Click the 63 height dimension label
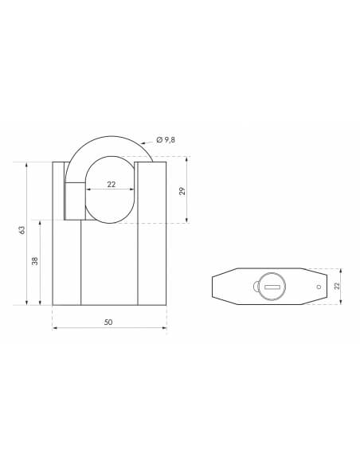22,230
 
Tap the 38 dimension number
35,261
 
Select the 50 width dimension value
108,322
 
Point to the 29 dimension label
182,191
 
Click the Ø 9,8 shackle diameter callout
166,140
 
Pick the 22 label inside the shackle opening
112,185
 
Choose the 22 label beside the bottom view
337,286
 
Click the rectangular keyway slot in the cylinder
272,287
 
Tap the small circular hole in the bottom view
319,287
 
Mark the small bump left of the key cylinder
256,287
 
